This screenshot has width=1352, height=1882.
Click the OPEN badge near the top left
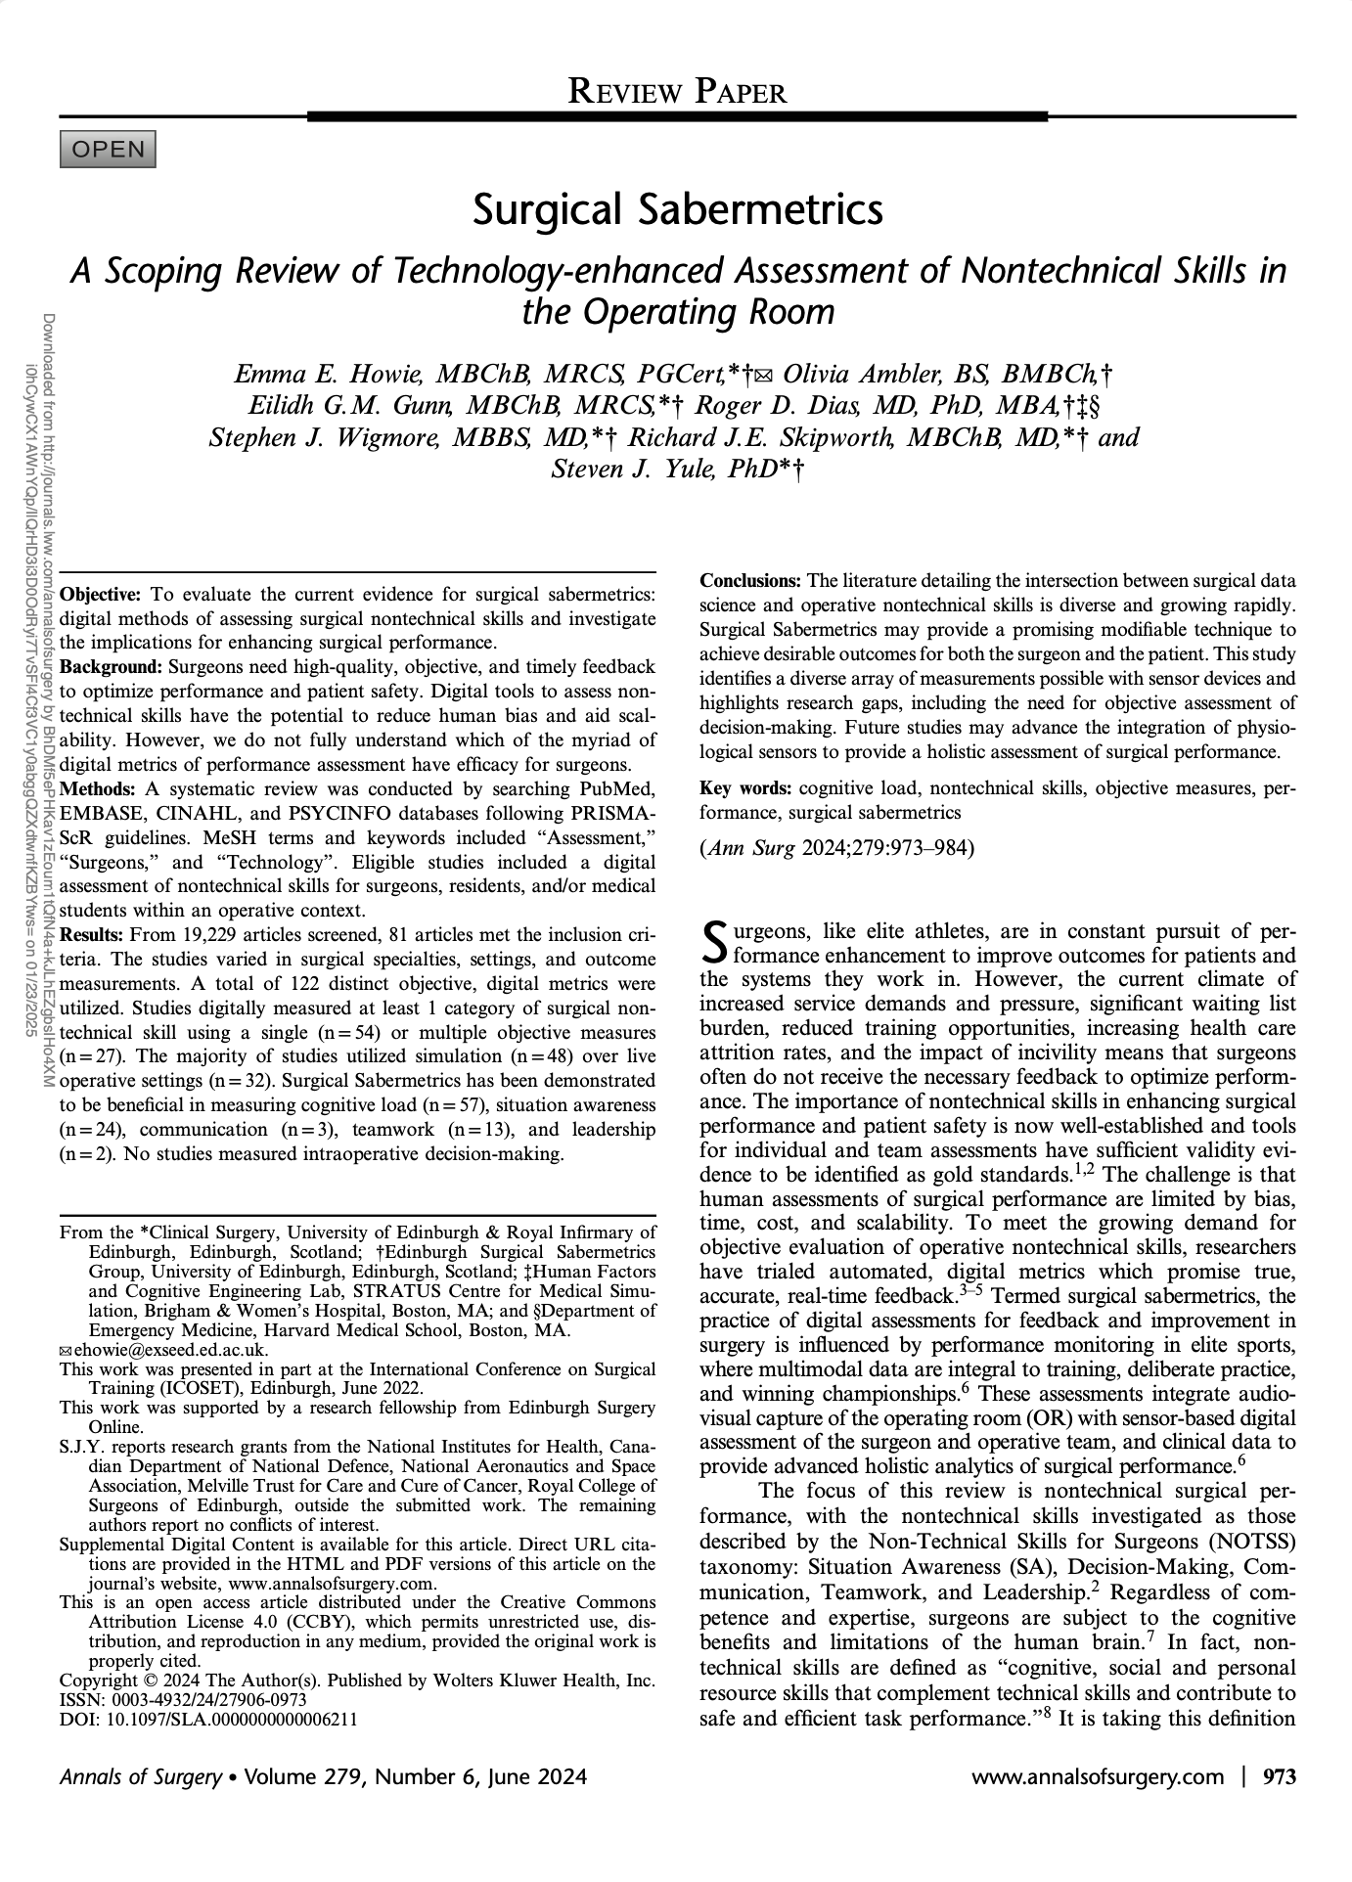[x=108, y=150]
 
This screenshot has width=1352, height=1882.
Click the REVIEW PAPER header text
[x=677, y=92]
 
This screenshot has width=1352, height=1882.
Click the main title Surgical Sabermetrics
[x=677, y=209]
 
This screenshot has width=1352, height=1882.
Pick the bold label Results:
[x=94, y=935]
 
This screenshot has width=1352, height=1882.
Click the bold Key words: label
[x=746, y=788]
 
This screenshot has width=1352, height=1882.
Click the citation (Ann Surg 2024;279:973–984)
[x=837, y=848]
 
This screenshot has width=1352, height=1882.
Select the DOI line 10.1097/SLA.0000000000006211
[x=207, y=1721]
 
